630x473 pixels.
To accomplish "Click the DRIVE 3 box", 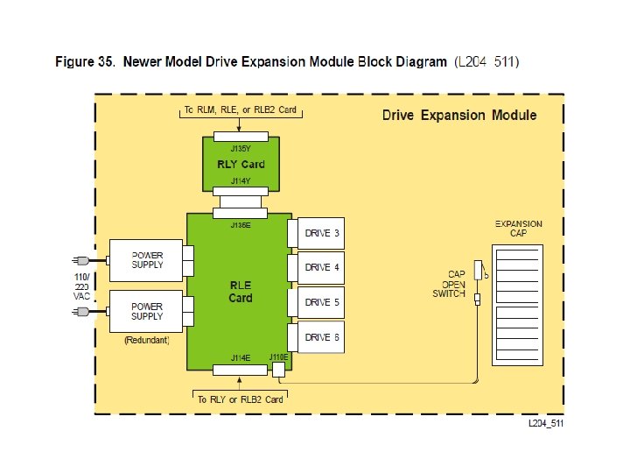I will click(x=321, y=233).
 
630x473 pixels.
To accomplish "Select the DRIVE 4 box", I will click(x=321, y=267).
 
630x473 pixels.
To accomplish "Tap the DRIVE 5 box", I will click(x=321, y=302).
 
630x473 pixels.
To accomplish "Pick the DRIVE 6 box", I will click(x=321, y=337).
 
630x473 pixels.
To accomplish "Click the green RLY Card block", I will click(x=241, y=164).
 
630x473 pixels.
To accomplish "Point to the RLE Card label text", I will click(x=241, y=292).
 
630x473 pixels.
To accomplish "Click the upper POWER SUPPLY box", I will click(x=146, y=259).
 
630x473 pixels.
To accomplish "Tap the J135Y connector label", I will click(x=241, y=149).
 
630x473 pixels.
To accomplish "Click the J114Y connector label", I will click(x=241, y=180).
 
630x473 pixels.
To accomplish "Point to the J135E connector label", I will click(x=241, y=225).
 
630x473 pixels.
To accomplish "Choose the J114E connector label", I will click(x=241, y=357).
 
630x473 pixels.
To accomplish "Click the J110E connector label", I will click(x=279, y=357).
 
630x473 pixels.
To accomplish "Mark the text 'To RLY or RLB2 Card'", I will click(x=241, y=399).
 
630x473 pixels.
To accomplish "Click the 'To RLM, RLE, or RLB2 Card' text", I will click(x=241, y=110).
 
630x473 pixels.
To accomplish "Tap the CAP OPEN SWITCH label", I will click(x=450, y=284).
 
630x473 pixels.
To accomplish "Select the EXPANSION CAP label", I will click(x=519, y=228).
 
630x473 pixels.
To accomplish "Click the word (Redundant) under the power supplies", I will click(x=146, y=339).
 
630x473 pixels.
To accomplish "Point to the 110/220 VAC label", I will click(x=81, y=286).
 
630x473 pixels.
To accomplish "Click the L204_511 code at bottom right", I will click(x=545, y=424).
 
